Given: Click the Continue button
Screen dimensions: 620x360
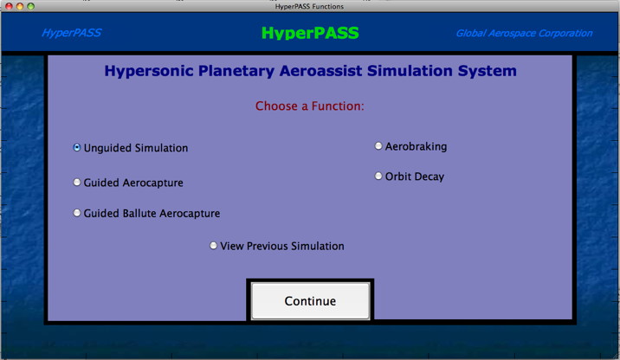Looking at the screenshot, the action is pos(310,301).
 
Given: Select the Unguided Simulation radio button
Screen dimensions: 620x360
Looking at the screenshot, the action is pos(77,147).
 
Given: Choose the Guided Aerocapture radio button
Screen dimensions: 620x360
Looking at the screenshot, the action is pos(77,183).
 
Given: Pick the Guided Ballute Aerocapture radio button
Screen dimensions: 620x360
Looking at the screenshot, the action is pos(77,213).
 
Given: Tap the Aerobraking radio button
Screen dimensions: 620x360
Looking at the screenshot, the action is pos(378,146).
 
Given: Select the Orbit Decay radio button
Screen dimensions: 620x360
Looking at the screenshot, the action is pos(378,177).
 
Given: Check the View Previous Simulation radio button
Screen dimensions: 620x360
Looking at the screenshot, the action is pos(214,246).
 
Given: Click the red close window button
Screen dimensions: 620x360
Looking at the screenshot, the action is pos(9,6).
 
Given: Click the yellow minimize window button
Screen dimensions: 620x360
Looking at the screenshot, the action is pos(20,6).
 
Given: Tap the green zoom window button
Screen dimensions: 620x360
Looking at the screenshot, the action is pos(31,6).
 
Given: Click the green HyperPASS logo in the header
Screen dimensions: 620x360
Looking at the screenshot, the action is pos(310,33).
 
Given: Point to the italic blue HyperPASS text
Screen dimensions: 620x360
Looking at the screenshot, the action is pos(72,33).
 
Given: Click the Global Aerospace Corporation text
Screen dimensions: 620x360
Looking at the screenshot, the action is pos(524,33).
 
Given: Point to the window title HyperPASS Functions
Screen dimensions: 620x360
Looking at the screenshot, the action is pos(310,7).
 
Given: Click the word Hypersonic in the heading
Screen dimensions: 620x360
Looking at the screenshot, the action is pos(149,71).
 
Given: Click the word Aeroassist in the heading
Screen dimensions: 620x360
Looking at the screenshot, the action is pos(320,71).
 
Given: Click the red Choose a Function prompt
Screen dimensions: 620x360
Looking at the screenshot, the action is pos(310,106).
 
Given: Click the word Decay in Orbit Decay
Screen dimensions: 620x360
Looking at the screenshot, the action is pos(429,177).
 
